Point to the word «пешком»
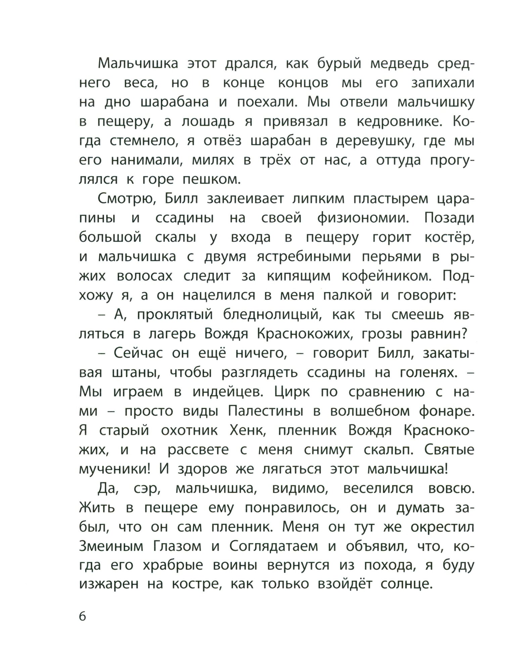click(211, 180)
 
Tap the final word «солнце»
click(405, 585)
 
